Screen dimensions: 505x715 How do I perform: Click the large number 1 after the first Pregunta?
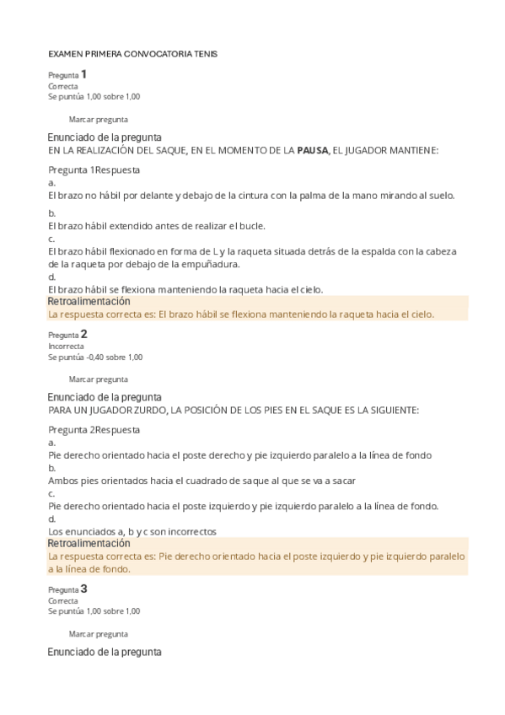[x=83, y=74]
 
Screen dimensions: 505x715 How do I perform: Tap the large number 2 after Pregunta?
[x=83, y=333]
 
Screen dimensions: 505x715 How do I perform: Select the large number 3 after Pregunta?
[x=83, y=589]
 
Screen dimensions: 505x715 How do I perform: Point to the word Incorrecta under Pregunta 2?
[x=66, y=346]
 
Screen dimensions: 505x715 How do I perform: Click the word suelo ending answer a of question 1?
[x=440, y=195]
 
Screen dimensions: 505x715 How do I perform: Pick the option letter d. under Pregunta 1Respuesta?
[x=52, y=277]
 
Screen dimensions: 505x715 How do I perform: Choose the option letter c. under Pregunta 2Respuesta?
[x=52, y=493]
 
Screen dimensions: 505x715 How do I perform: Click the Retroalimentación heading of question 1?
[x=89, y=301]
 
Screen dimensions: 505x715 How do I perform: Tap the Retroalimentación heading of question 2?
[x=89, y=544]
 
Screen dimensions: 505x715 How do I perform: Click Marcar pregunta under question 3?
[x=98, y=633]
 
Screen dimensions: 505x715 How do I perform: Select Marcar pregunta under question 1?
[x=98, y=120]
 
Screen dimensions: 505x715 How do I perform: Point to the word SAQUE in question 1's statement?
[x=165, y=150]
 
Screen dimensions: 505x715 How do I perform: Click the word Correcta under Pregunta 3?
[x=63, y=601]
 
